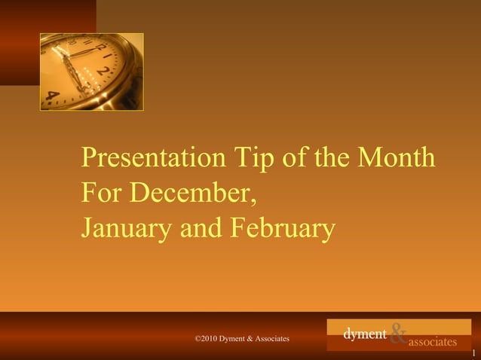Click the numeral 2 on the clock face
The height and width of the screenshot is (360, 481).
tap(104, 73)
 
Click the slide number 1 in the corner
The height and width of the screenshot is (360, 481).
tap(473, 353)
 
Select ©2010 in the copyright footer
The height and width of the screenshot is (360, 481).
tap(206, 339)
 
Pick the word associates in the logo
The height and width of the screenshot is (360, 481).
tap(432, 342)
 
